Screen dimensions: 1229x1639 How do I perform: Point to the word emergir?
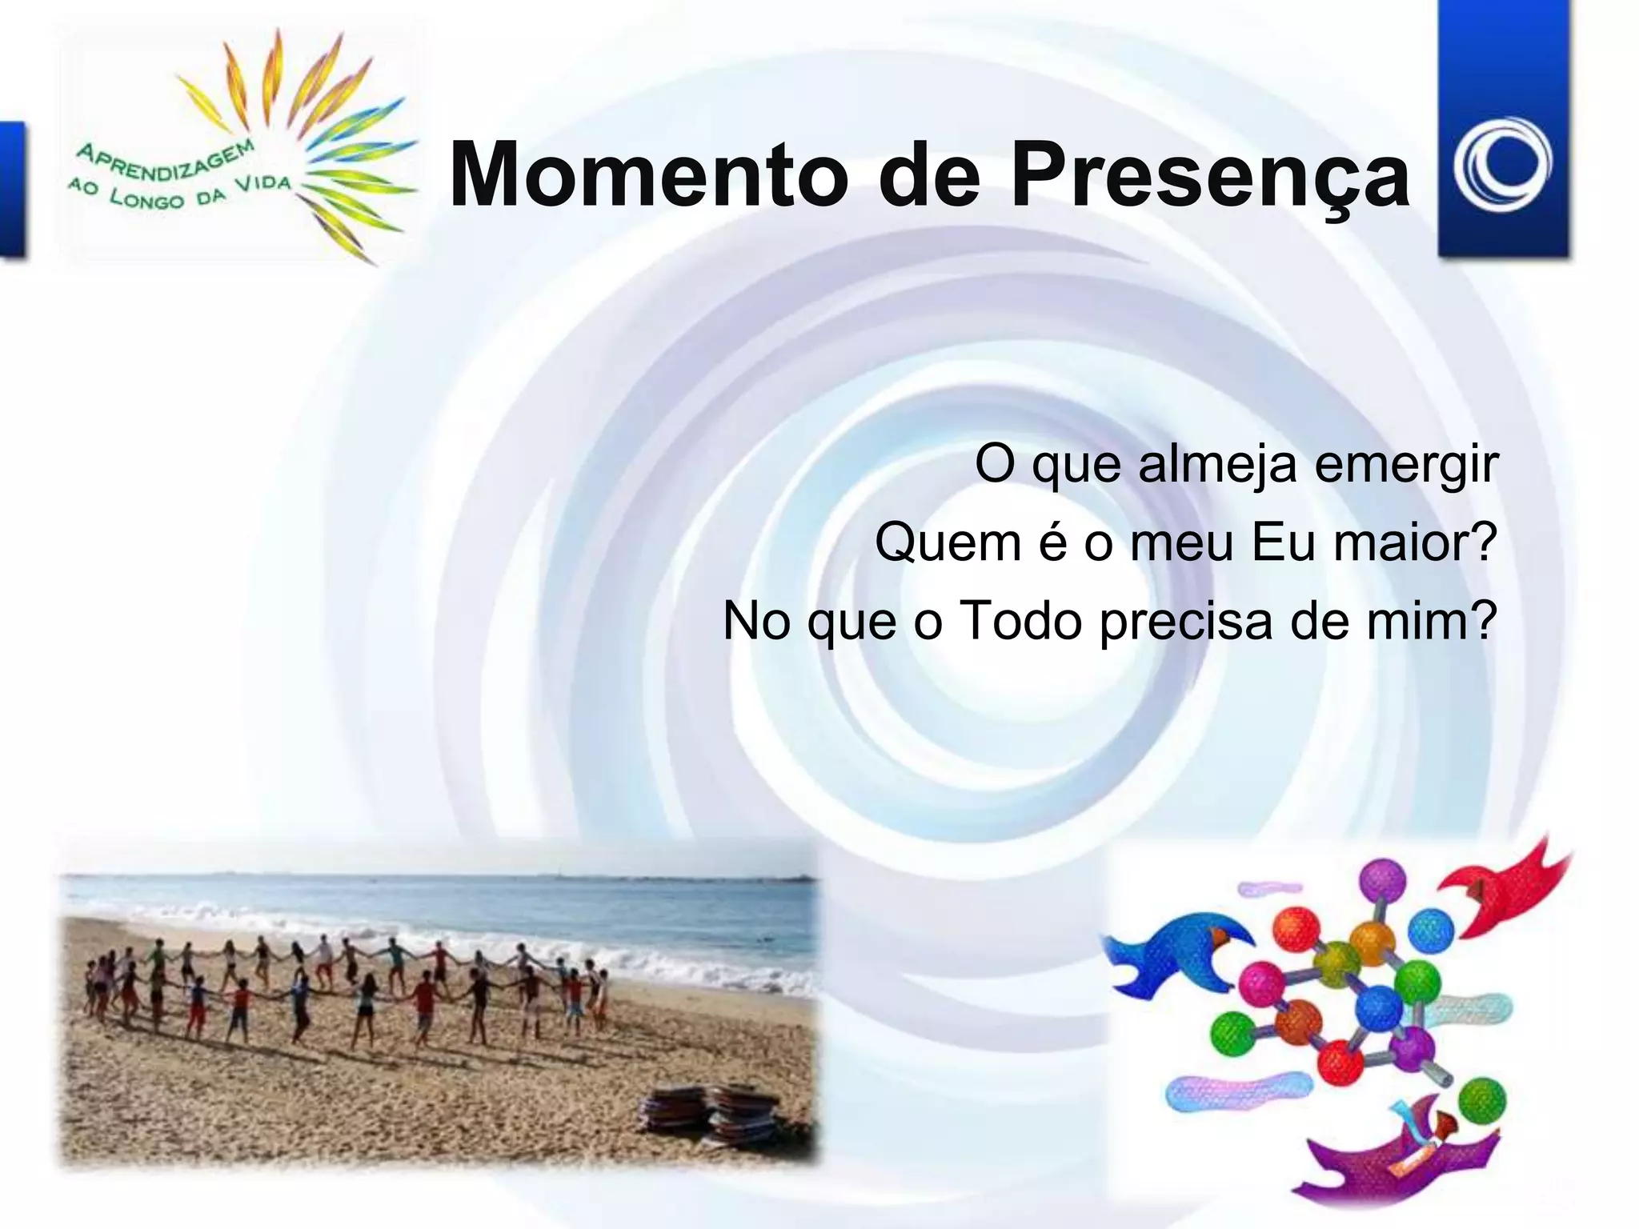[x=1406, y=466]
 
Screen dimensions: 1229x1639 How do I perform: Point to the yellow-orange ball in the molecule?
[x=1372, y=944]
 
